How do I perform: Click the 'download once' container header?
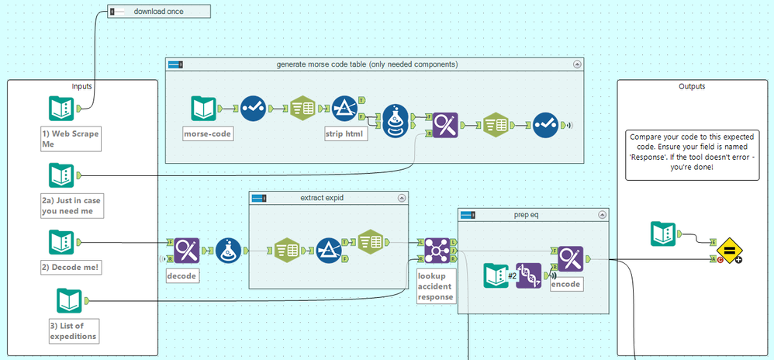[x=160, y=12]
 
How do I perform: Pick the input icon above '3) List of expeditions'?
[x=69, y=300]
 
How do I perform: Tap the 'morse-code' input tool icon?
[x=205, y=109]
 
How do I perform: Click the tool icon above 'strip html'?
[x=343, y=109]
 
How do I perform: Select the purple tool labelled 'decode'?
[x=187, y=251]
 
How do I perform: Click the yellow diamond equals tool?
[x=730, y=251]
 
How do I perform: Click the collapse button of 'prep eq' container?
[x=601, y=214]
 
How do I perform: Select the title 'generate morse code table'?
[x=367, y=64]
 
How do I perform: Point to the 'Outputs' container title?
[x=691, y=87]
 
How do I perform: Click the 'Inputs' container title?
[x=82, y=87]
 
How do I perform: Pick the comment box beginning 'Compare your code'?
[x=691, y=155]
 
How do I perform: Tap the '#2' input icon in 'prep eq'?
[x=496, y=275]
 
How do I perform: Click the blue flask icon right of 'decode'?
[x=227, y=251]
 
